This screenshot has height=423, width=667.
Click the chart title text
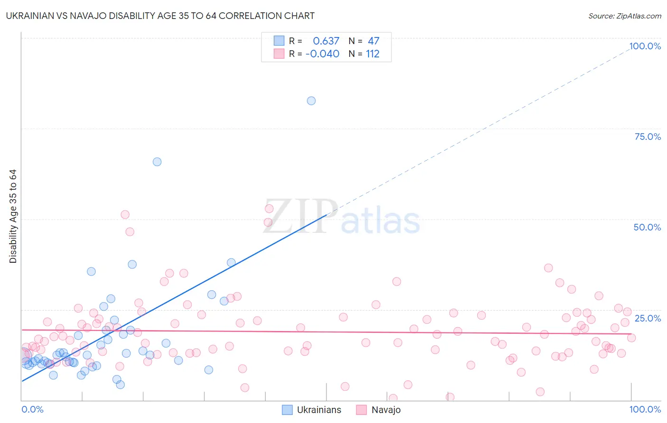click(160, 16)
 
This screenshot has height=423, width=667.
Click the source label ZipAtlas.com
click(624, 16)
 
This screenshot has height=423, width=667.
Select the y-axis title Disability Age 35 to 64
click(13, 216)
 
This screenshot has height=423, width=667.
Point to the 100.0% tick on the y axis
click(645, 46)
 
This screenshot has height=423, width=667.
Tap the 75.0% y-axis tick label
click(648, 137)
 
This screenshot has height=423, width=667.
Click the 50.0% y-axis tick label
click(647, 227)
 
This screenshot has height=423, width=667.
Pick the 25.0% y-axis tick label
click(648, 318)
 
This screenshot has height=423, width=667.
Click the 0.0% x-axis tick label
click(32, 409)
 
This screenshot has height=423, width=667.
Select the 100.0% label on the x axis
click(645, 409)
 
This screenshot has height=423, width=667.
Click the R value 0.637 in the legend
click(326, 41)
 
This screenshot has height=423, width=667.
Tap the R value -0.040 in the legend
click(323, 54)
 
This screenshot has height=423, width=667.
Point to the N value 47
click(373, 41)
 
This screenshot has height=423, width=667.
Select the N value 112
click(372, 54)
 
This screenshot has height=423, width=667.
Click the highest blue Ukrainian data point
click(311, 101)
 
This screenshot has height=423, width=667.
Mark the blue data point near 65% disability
click(157, 162)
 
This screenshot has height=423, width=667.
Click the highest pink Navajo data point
click(269, 209)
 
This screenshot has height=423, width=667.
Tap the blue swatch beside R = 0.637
click(279, 41)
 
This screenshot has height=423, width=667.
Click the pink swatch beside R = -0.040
click(279, 54)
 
